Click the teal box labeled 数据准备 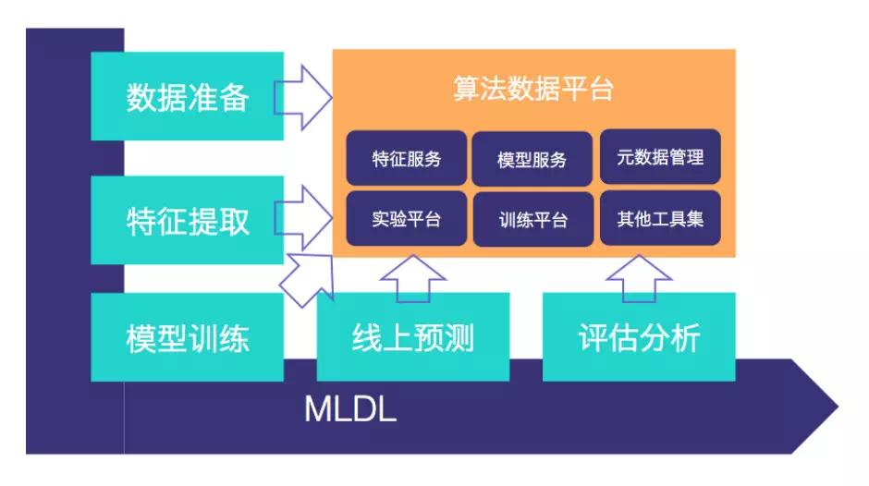(x=187, y=96)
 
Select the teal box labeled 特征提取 (x=187, y=220)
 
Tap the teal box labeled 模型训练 (x=187, y=337)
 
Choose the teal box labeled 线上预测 (x=412, y=337)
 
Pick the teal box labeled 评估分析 (x=639, y=337)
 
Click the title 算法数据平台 (x=533, y=90)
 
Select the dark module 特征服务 (x=407, y=158)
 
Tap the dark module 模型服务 (x=532, y=158)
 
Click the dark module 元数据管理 (x=660, y=157)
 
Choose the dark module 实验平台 (x=407, y=219)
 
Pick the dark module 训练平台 (x=532, y=219)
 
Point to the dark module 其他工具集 (x=660, y=219)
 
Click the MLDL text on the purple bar (x=350, y=409)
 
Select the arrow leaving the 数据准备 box (x=305, y=96)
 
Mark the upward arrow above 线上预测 (x=412, y=278)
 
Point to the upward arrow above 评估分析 (x=639, y=277)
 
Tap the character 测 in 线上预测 (x=459, y=337)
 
